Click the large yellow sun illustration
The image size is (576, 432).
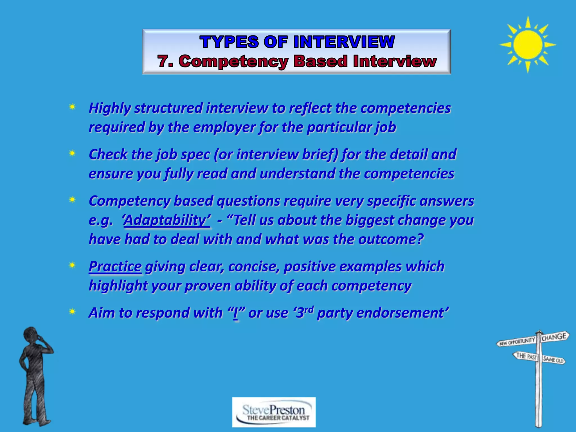tap(528, 44)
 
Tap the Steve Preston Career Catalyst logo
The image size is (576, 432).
tap(274, 412)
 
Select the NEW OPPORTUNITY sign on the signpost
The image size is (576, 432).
tap(517, 341)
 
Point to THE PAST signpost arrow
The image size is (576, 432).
tap(526, 356)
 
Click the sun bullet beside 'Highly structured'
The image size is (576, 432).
tap(72, 107)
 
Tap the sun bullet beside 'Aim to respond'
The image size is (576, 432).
tap(72, 312)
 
